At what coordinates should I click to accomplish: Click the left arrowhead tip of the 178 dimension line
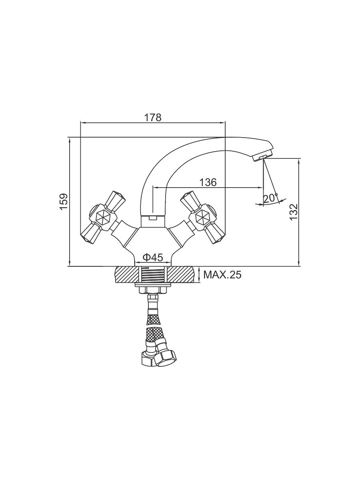[x=81, y=123]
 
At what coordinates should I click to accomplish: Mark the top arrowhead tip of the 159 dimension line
[x=70, y=138]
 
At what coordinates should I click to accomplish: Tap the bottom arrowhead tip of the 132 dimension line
[x=299, y=266]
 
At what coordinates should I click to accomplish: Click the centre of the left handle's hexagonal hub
[x=104, y=217]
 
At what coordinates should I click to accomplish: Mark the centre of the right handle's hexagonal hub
[x=202, y=217]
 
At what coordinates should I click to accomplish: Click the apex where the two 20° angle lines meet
[x=264, y=159]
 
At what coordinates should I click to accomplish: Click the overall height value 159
[x=64, y=202]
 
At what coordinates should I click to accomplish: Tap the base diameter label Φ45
[x=153, y=258]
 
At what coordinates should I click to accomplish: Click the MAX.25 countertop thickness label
[x=222, y=275]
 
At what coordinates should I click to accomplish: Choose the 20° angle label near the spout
[x=271, y=198]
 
